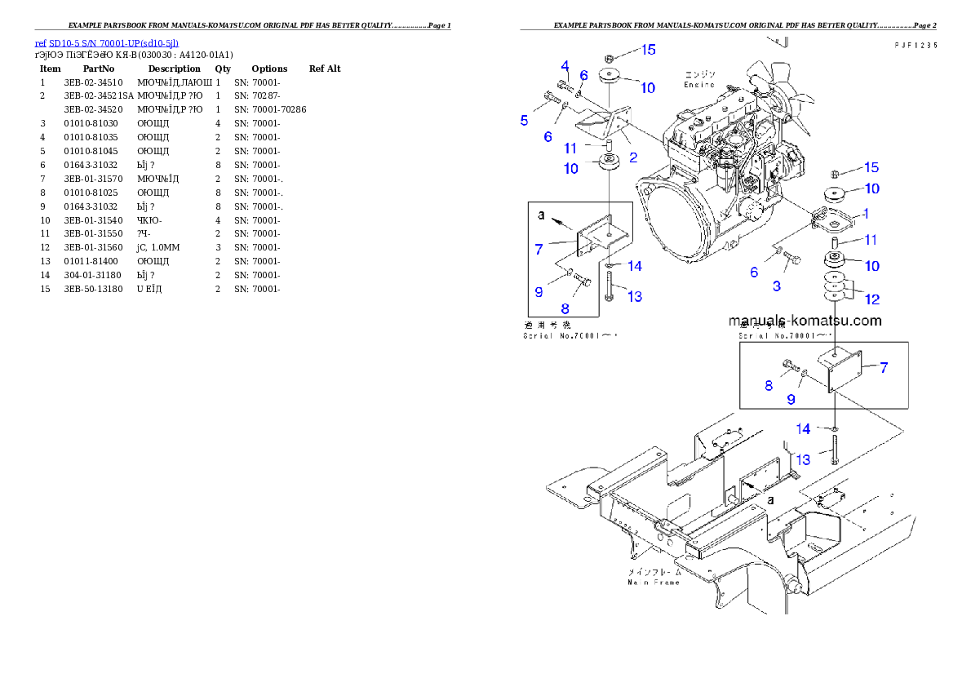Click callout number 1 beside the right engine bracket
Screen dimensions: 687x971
click(x=865, y=214)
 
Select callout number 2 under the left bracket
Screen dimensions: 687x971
click(x=632, y=157)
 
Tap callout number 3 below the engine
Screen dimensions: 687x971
click(x=776, y=286)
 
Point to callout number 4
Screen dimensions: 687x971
click(x=564, y=66)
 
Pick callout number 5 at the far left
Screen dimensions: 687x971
click(x=525, y=121)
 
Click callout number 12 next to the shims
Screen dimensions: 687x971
click(x=872, y=299)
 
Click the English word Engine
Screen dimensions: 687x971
click(x=699, y=85)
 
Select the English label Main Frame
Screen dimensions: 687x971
click(x=653, y=583)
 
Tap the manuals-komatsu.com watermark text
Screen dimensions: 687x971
click(x=805, y=321)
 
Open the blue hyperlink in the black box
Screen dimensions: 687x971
click(x=106, y=43)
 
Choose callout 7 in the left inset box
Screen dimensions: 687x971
click(x=539, y=249)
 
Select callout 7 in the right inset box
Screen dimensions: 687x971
click(x=884, y=368)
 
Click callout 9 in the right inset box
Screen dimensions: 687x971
click(x=791, y=399)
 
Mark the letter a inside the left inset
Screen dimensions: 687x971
click(x=540, y=215)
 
